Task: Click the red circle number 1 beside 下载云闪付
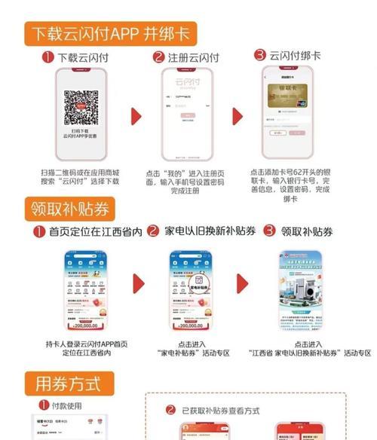pyautogui.click(x=46, y=57)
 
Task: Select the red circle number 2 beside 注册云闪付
pyautogui.click(x=158, y=57)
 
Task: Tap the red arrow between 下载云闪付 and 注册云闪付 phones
pyautogui.click(x=136, y=118)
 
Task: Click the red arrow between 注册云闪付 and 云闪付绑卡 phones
pyautogui.click(x=238, y=117)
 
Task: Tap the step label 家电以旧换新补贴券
pyautogui.click(x=207, y=231)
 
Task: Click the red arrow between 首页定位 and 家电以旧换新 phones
pyautogui.click(x=137, y=284)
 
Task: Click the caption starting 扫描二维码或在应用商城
pyautogui.click(x=81, y=177)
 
